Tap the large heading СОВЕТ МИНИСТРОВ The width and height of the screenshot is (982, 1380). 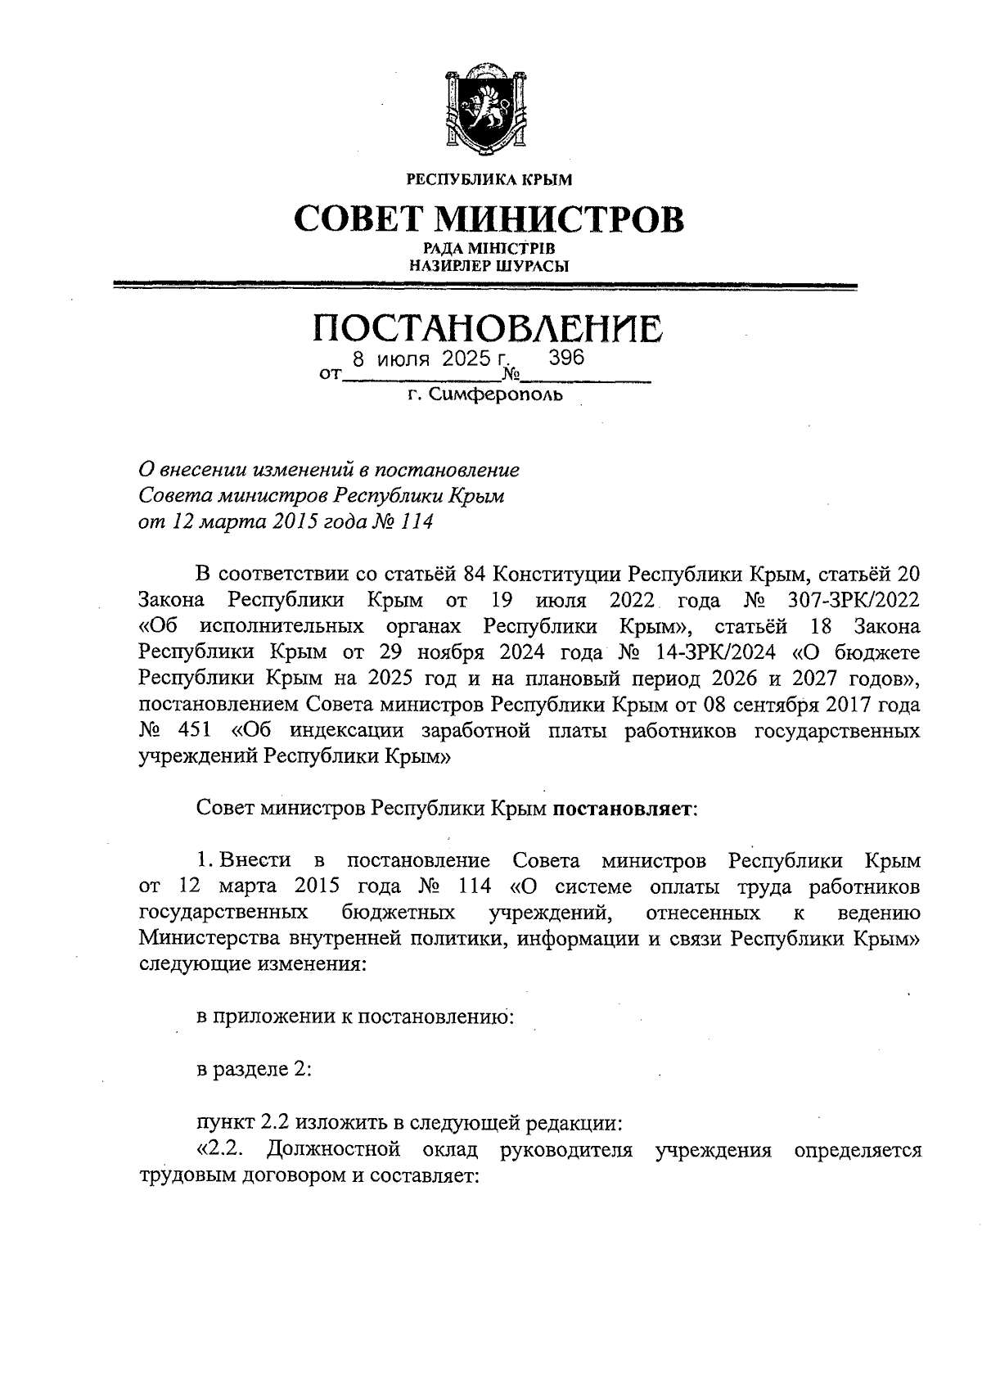point(489,219)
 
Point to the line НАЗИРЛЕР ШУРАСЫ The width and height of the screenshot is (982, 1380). point(489,265)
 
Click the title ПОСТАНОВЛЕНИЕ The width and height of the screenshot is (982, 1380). point(488,328)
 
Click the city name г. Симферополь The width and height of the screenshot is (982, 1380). point(486,396)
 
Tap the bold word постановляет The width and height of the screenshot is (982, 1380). point(623,809)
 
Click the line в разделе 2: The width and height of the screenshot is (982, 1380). point(254,1069)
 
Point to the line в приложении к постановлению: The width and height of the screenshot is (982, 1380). point(355,1017)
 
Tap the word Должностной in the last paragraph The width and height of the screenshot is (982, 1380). point(334,1149)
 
